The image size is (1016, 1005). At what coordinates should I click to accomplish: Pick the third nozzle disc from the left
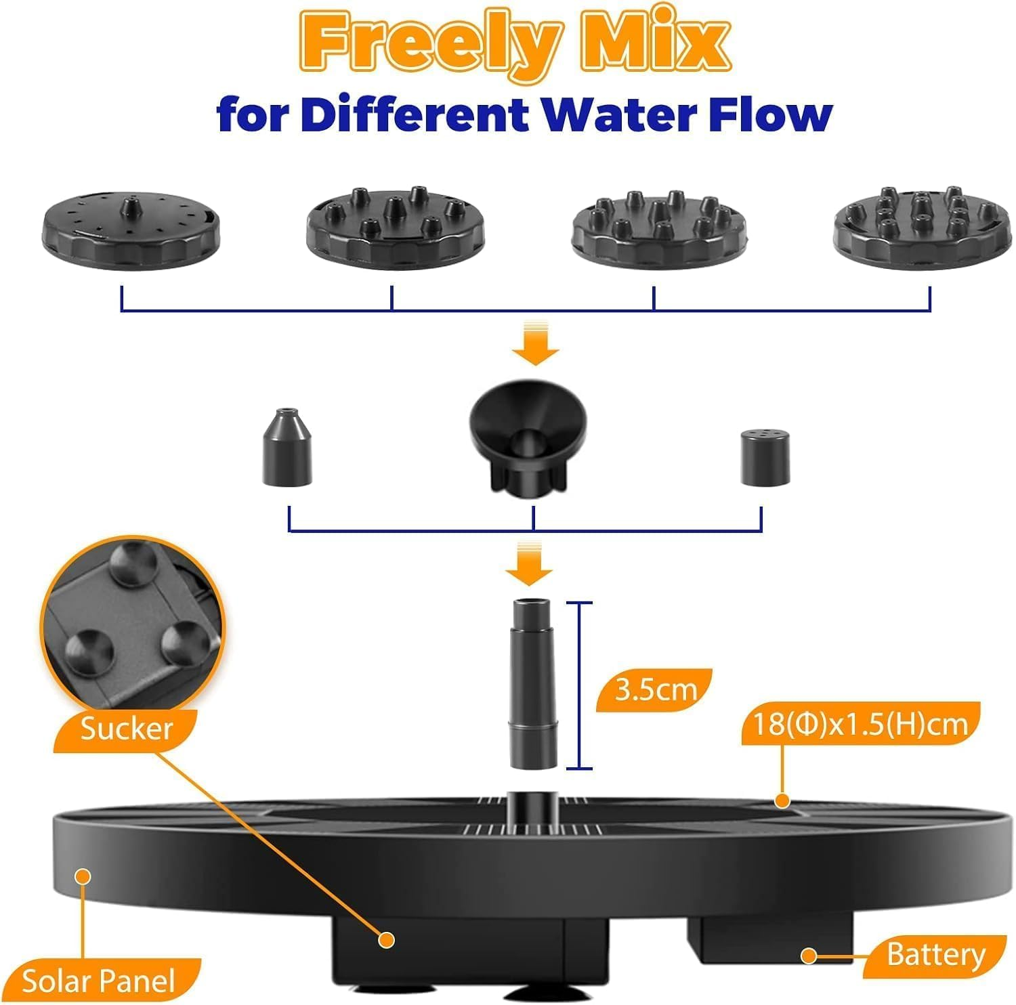click(x=661, y=226)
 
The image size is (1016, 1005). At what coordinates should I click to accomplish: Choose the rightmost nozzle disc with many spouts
click(x=923, y=226)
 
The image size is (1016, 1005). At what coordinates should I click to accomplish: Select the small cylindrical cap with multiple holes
click(x=765, y=457)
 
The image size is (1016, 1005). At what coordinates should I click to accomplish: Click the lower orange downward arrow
click(x=529, y=563)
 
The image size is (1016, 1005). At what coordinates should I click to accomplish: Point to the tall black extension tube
click(x=534, y=684)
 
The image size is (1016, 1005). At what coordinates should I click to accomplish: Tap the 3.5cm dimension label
click(x=655, y=690)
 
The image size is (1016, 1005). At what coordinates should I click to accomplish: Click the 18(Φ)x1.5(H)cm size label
click(x=861, y=725)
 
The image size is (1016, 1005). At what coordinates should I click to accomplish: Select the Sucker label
click(x=127, y=729)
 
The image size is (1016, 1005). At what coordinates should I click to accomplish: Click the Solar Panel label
click(x=99, y=981)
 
